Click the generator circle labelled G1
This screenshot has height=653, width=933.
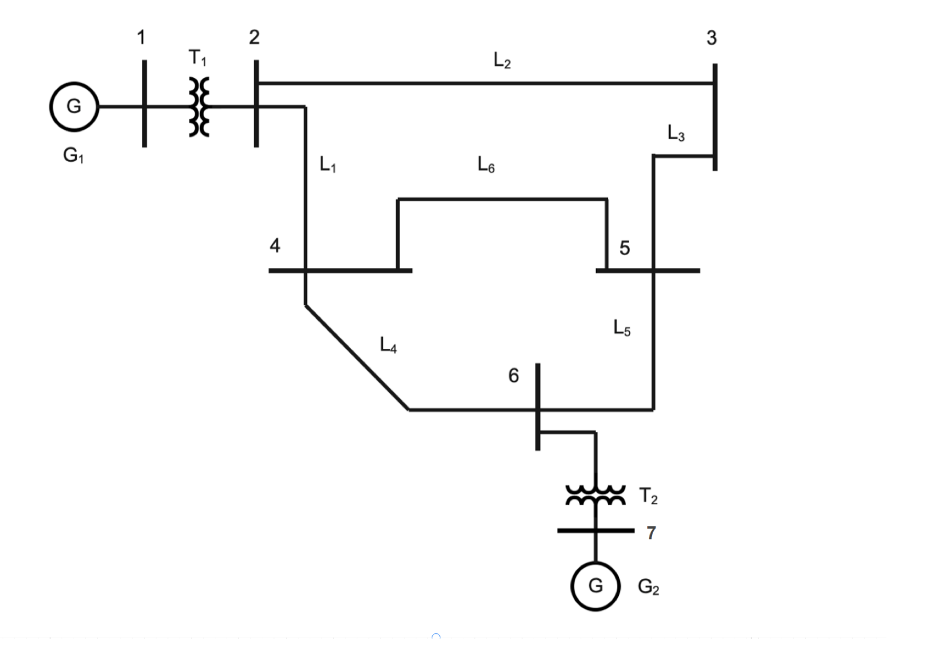click(74, 107)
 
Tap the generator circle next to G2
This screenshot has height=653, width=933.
click(595, 586)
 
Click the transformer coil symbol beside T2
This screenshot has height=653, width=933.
click(595, 495)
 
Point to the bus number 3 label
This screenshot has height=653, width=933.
click(711, 38)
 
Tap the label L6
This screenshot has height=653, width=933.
click(486, 164)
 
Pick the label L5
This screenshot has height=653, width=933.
click(621, 328)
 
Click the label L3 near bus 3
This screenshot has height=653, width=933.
click(675, 132)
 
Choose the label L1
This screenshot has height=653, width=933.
click(327, 164)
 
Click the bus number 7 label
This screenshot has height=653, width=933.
click(651, 533)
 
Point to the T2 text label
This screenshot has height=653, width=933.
click(648, 496)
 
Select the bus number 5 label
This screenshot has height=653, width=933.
click(624, 248)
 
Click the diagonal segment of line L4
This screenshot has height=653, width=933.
click(356, 356)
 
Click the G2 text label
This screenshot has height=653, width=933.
click(648, 587)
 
